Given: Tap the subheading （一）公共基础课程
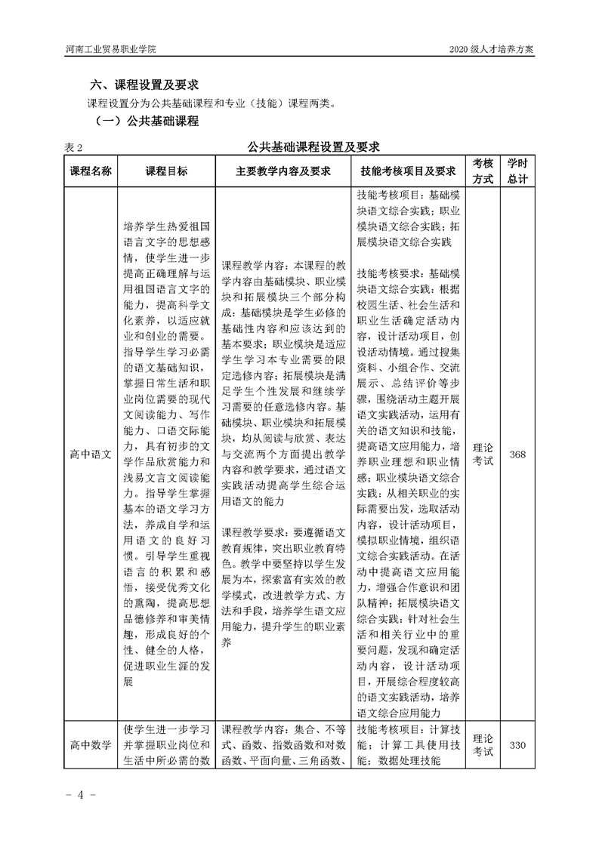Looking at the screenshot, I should point(147,121).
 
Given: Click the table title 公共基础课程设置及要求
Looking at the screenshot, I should point(313,146).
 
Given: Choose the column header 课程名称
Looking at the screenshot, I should point(91,171).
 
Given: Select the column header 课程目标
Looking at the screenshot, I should point(167,171).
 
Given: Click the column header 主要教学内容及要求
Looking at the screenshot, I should point(284,171).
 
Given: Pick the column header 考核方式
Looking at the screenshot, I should point(483,171).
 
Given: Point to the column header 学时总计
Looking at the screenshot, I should point(517,171).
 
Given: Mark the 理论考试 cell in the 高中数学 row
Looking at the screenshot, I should point(483,745).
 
